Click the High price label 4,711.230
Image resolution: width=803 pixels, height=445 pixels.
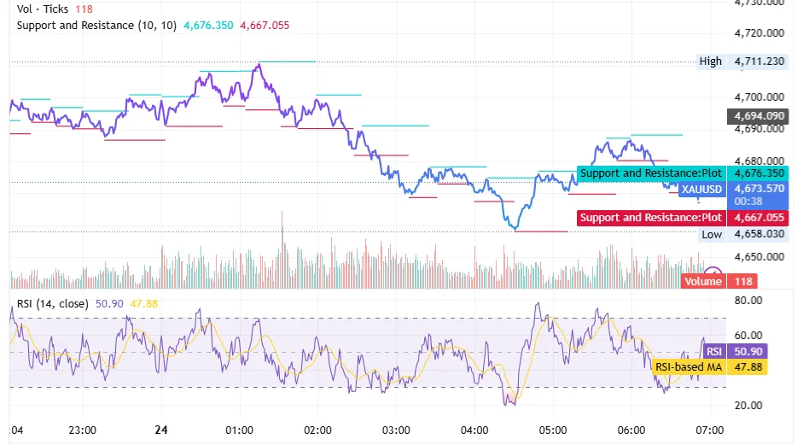tap(760, 61)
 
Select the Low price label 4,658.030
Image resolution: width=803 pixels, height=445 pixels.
tap(760, 234)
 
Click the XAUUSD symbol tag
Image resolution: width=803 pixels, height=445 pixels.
tap(701, 189)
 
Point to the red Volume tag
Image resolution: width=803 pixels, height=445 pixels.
tap(702, 281)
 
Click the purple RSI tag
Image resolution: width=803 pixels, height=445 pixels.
tap(713, 351)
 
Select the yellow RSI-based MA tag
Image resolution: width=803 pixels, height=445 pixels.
tap(688, 366)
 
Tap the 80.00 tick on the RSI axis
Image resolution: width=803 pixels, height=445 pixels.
tap(748, 301)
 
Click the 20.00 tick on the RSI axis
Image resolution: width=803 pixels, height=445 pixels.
tap(748, 405)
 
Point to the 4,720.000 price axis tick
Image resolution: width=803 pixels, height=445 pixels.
tap(760, 33)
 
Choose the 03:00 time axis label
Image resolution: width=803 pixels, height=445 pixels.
tap(396, 430)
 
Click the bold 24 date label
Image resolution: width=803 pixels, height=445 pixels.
tap(162, 430)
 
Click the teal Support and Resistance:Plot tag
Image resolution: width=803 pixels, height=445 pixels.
tap(651, 173)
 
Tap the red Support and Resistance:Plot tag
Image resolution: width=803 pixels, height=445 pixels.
tap(651, 218)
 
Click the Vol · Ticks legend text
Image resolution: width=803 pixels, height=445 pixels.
tap(42, 9)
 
